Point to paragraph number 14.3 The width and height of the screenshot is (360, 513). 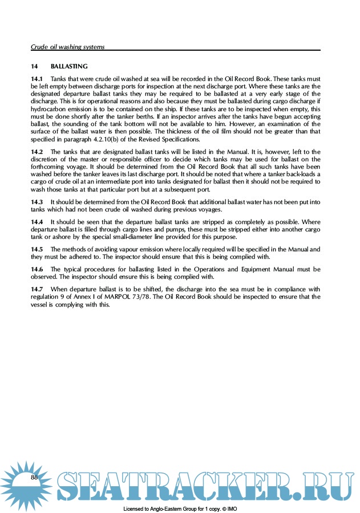pos(37,202)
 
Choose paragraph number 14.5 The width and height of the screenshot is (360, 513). pos(37,249)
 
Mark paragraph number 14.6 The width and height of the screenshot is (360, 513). pos(37,268)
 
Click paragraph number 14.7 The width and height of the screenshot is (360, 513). pos(37,289)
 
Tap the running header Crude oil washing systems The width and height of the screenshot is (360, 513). pos(68,47)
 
